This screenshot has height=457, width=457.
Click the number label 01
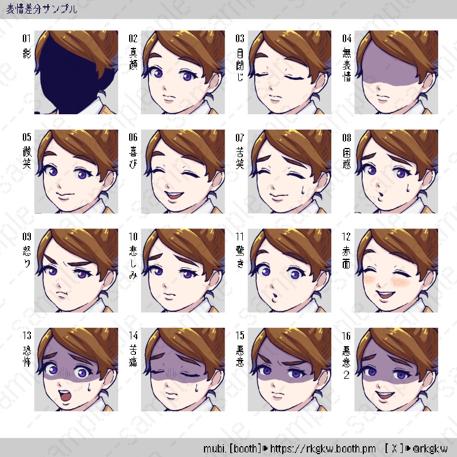(x=26, y=38)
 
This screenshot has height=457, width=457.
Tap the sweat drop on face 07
(x=303, y=190)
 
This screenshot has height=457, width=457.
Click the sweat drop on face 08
(x=407, y=187)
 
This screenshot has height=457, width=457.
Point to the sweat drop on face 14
(x=197, y=387)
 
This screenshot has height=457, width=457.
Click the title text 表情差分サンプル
(x=42, y=9)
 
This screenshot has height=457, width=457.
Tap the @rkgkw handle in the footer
(x=430, y=448)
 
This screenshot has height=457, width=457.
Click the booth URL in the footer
(x=323, y=448)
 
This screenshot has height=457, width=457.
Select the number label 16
(x=346, y=336)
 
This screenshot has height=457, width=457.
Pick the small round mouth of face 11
(x=274, y=297)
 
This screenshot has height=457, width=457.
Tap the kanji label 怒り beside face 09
(x=26, y=256)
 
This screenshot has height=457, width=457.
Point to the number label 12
(x=346, y=236)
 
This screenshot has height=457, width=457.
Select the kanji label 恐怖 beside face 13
(x=26, y=355)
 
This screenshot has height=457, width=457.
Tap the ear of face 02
(x=215, y=82)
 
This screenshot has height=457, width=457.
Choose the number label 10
(x=133, y=236)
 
